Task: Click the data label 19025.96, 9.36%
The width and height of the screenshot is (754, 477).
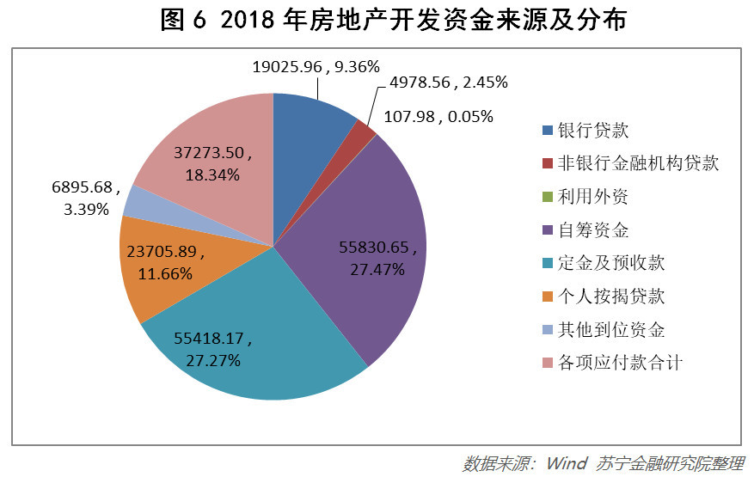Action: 316,64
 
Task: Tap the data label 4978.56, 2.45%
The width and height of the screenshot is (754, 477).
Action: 448,83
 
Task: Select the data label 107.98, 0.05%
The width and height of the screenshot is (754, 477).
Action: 438,116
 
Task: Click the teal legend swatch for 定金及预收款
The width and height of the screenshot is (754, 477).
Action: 548,264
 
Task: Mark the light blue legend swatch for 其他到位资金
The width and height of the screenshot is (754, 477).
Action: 548,330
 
